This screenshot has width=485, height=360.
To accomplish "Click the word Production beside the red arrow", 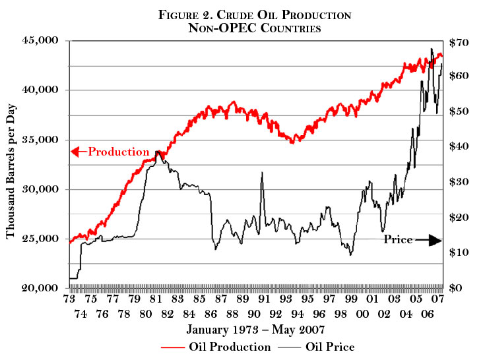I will click(x=119, y=152).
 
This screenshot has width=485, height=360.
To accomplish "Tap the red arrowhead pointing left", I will click(x=75, y=152).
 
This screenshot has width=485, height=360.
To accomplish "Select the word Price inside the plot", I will click(x=398, y=240).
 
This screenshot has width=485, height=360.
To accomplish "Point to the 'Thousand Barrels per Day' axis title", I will click(x=12, y=165).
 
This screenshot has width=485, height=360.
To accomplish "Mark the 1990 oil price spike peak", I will click(x=262, y=173).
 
